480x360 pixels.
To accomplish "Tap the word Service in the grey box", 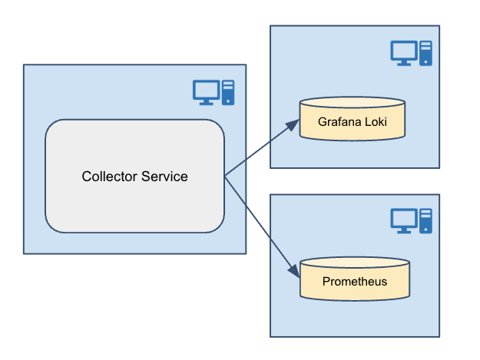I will coord(164,177).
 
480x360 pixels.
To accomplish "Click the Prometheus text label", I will coord(354,282).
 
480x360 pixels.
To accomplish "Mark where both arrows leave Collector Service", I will coord(225,177).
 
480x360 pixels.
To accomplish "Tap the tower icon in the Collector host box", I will coord(228,91).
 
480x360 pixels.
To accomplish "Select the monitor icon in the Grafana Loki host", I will coord(403,51).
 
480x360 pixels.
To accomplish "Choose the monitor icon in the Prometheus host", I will coord(403,220).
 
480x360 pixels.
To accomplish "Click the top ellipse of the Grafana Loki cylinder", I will coord(353,103).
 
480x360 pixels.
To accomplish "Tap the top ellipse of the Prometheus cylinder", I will coord(354,263).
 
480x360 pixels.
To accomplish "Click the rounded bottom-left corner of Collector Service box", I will coord(51,226).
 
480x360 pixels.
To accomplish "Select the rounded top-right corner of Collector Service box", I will coord(218,126).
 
